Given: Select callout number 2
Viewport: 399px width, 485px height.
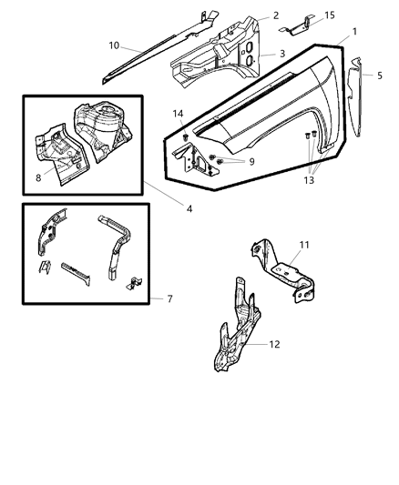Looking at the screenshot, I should coord(276,16).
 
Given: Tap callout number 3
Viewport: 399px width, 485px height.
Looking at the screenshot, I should coord(282,54).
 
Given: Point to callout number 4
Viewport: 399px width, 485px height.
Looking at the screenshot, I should coord(189,208).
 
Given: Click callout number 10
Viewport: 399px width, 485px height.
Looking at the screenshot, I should coord(114,45).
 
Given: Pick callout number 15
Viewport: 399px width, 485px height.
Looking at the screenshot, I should coord(330,15).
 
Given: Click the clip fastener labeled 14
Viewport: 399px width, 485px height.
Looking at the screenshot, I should coord(185,136).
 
